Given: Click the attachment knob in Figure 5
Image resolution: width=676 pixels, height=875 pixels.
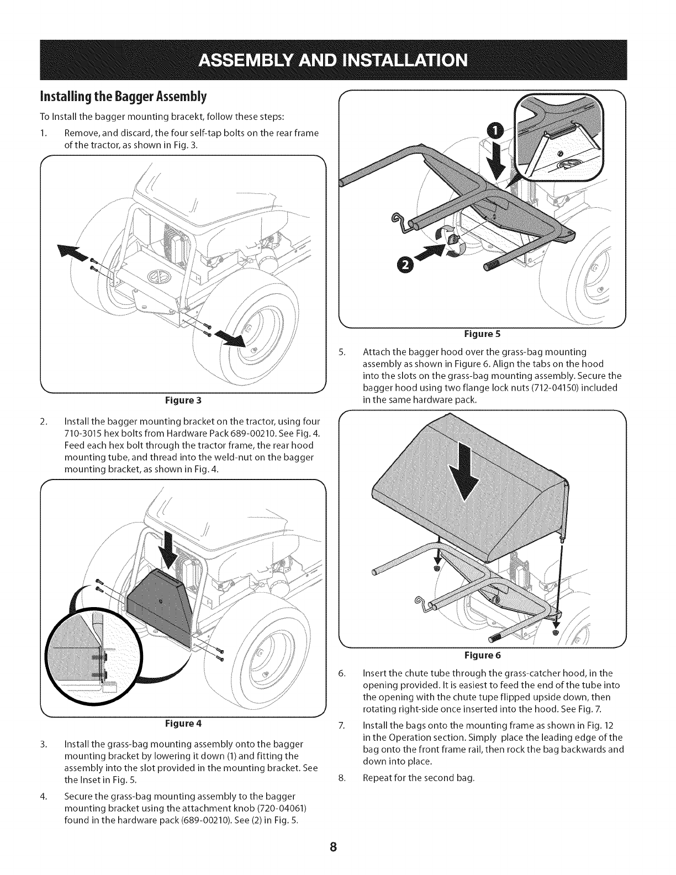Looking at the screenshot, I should click(x=452, y=239).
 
